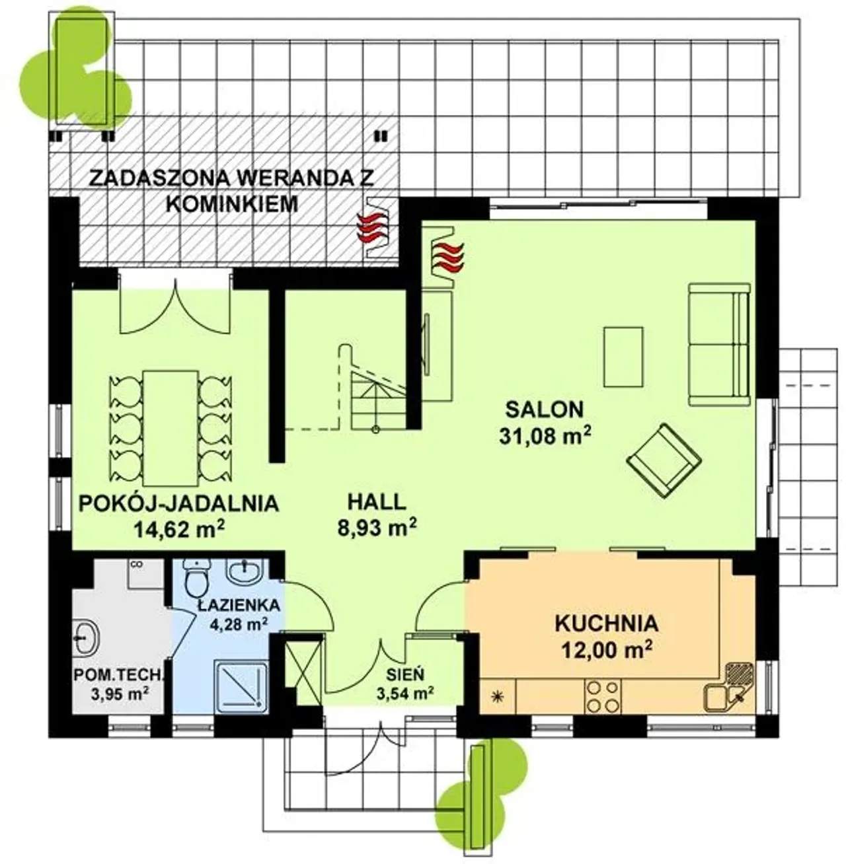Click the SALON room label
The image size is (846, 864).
point(545,410)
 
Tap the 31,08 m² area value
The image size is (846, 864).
point(545,436)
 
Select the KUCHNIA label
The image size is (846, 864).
point(607,624)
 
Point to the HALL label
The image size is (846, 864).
point(377,502)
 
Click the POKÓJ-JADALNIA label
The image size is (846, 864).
point(178,503)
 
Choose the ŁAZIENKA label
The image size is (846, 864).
point(239,604)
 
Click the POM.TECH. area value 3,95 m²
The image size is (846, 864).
point(120,694)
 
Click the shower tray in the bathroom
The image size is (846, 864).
point(241,687)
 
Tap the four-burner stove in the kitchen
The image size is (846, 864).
point(603,696)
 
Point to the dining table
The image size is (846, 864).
point(171,428)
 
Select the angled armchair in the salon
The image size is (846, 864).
point(664,460)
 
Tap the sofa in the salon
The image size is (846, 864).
point(719,345)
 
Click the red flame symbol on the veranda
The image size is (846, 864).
point(371,228)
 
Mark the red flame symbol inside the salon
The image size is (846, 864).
point(449,257)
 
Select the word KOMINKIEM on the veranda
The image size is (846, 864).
point(234,204)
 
